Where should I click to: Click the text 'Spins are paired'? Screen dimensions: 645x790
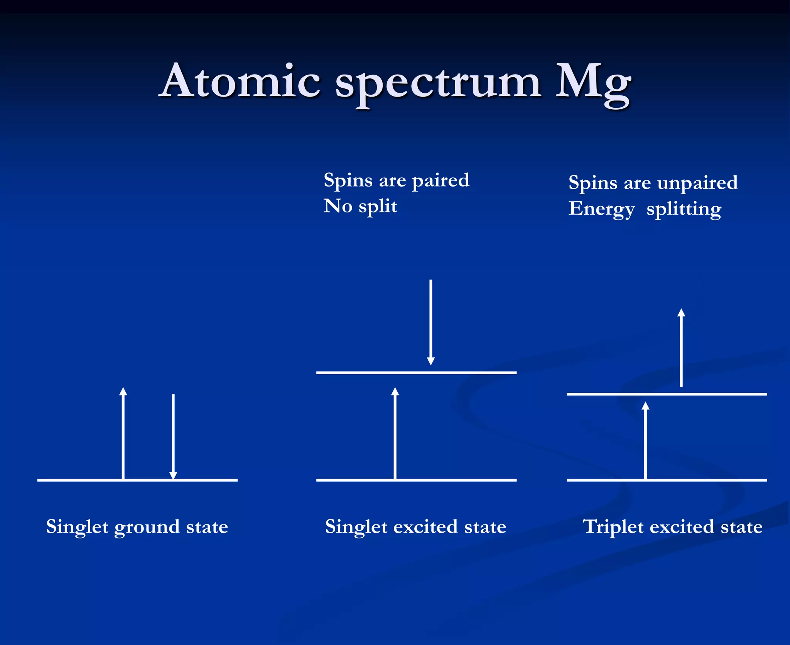click(x=396, y=181)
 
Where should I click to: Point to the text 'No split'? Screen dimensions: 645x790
click(x=360, y=207)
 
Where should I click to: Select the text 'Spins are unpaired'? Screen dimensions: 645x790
click(x=653, y=183)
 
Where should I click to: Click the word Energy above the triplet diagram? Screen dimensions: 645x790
click(x=601, y=209)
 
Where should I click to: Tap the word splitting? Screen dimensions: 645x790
click(x=684, y=209)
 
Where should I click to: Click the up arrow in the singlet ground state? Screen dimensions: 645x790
click(x=123, y=433)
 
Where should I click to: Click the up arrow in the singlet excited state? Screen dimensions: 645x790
click(x=395, y=433)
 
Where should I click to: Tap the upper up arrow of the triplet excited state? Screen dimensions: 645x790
click(x=681, y=348)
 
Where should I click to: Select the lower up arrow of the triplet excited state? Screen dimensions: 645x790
click(x=645, y=440)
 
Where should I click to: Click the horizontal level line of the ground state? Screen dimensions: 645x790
click(x=69, y=480)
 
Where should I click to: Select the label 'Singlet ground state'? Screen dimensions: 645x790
click(x=137, y=527)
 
